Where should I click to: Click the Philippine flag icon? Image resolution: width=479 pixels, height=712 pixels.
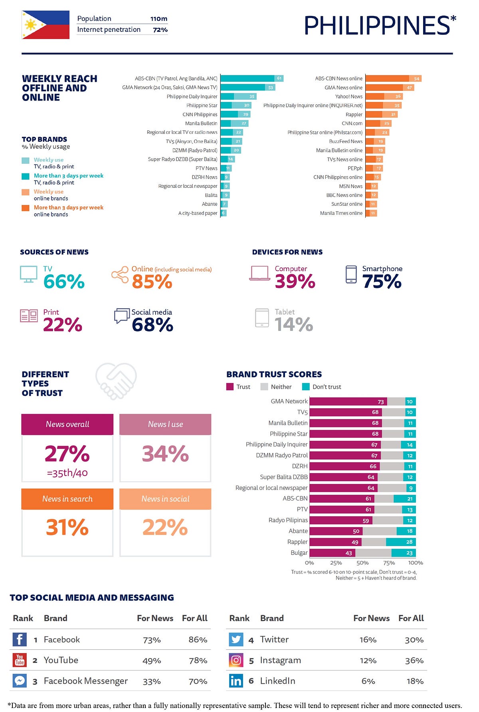pyautogui.click(x=46, y=25)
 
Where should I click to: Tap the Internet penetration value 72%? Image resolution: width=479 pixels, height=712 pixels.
pyautogui.click(x=160, y=30)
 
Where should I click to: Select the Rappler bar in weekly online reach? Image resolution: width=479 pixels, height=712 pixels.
pyautogui.click(x=382, y=114)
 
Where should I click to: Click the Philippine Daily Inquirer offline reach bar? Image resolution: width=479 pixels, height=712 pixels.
pyautogui.click(x=238, y=96)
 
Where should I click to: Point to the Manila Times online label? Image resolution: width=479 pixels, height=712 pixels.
pyautogui.click(x=341, y=213)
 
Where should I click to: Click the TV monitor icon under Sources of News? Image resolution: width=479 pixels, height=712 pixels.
pyautogui.click(x=28, y=274)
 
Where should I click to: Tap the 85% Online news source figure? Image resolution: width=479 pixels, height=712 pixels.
pyautogui.click(x=152, y=281)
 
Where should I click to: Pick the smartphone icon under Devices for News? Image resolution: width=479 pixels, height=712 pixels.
pyautogui.click(x=351, y=274)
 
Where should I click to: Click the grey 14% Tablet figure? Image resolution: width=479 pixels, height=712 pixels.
pyautogui.click(x=294, y=324)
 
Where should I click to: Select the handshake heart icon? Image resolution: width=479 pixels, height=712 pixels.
pyautogui.click(x=116, y=381)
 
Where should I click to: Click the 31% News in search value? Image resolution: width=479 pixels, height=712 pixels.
pyautogui.click(x=67, y=527)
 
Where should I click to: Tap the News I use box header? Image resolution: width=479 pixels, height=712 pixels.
pyautogui.click(x=165, y=424)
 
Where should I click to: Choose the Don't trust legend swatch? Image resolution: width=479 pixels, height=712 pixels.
pyautogui.click(x=306, y=387)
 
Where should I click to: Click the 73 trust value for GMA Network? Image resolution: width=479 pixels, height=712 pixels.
pyautogui.click(x=381, y=402)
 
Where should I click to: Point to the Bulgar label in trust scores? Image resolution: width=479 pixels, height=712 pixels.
pyautogui.click(x=299, y=553)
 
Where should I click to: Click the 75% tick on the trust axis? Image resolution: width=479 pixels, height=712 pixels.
pyautogui.click(x=389, y=563)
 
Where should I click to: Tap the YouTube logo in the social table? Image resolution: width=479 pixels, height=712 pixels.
pyautogui.click(x=20, y=660)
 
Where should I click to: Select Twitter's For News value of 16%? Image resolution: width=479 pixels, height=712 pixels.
pyautogui.click(x=368, y=640)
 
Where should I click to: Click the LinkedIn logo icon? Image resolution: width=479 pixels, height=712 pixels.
pyautogui.click(x=236, y=681)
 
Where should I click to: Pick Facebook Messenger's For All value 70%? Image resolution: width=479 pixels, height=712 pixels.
pyautogui.click(x=198, y=681)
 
